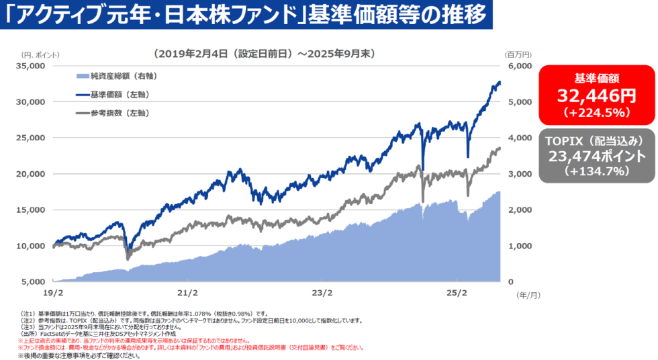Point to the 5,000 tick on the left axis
(x=32, y=281)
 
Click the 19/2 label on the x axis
(x=52, y=293)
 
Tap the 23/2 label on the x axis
(x=322, y=293)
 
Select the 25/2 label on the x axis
(x=457, y=293)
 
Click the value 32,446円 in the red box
(x=596, y=95)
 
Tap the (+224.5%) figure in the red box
(x=596, y=111)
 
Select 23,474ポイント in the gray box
(x=596, y=156)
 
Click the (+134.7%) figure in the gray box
(x=596, y=171)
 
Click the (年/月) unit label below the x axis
(x=528, y=294)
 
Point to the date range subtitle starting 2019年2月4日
(x=263, y=53)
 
